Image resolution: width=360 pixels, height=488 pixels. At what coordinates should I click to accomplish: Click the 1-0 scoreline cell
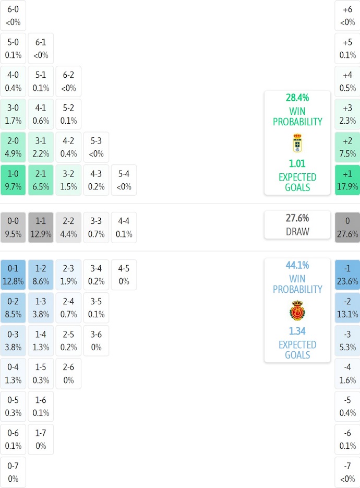click(x=13, y=180)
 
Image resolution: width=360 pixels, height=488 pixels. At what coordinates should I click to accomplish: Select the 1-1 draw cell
click(x=41, y=228)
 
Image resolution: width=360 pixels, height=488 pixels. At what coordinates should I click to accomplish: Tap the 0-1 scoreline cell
click(x=13, y=275)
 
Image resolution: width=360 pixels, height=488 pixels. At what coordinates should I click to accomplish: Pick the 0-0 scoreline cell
click(x=13, y=228)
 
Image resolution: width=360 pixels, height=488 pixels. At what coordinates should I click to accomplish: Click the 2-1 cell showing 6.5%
click(x=41, y=180)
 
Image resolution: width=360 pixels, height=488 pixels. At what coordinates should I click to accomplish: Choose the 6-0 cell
click(x=13, y=16)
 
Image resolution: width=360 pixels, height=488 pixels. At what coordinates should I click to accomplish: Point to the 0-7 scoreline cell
click(x=13, y=472)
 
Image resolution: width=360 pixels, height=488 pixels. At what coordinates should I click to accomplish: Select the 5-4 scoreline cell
click(x=124, y=180)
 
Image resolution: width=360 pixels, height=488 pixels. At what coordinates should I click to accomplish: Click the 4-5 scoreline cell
click(x=124, y=275)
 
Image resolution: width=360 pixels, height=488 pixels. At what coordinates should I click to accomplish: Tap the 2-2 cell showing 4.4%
click(x=68, y=228)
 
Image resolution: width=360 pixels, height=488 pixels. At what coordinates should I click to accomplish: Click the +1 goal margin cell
click(x=347, y=180)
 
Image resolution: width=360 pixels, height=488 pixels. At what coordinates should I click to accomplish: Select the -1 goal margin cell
click(x=347, y=275)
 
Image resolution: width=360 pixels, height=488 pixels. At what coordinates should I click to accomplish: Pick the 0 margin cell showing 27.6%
click(x=347, y=228)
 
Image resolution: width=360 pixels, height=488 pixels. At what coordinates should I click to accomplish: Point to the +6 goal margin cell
click(x=347, y=16)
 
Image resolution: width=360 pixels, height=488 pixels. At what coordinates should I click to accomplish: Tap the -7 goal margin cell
click(x=347, y=472)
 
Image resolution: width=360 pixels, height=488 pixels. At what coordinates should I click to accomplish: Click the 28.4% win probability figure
click(x=297, y=98)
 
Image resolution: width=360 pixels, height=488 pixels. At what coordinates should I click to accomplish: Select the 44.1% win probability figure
click(x=297, y=265)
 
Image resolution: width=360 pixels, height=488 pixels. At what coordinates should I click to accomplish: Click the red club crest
click(x=297, y=311)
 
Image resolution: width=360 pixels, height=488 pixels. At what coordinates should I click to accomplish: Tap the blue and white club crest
click(x=297, y=143)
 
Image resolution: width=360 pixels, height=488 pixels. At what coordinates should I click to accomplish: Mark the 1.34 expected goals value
click(x=297, y=331)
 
